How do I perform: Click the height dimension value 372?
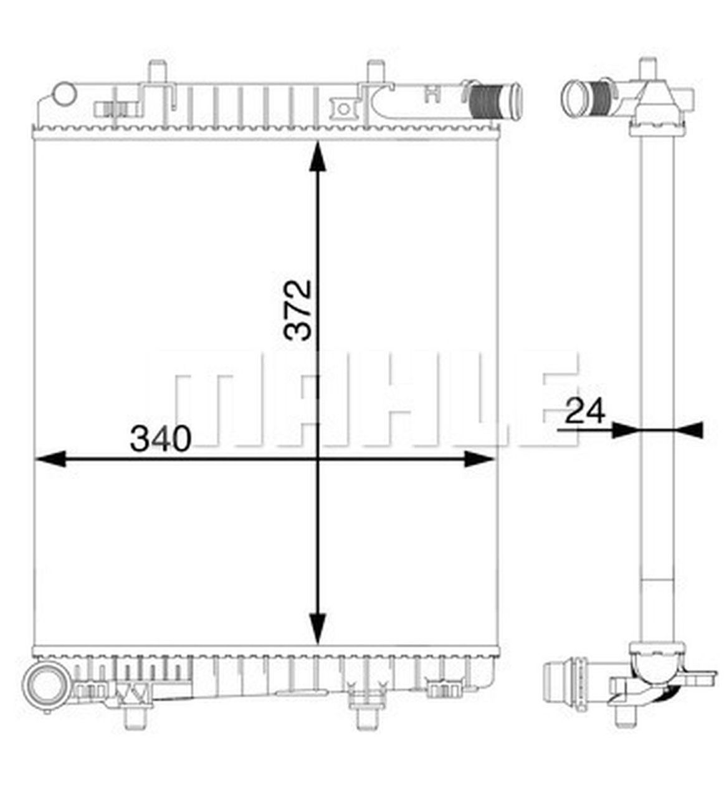(x=297, y=310)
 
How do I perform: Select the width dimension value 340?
(x=160, y=439)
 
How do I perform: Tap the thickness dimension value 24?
(x=585, y=411)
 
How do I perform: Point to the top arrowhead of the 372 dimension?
(x=318, y=156)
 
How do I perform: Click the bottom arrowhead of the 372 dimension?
(x=318, y=628)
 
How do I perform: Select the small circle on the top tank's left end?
(x=64, y=94)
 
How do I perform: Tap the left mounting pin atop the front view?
(x=158, y=70)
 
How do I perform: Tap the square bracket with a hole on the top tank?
(x=342, y=108)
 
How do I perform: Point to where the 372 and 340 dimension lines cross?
(x=318, y=460)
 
